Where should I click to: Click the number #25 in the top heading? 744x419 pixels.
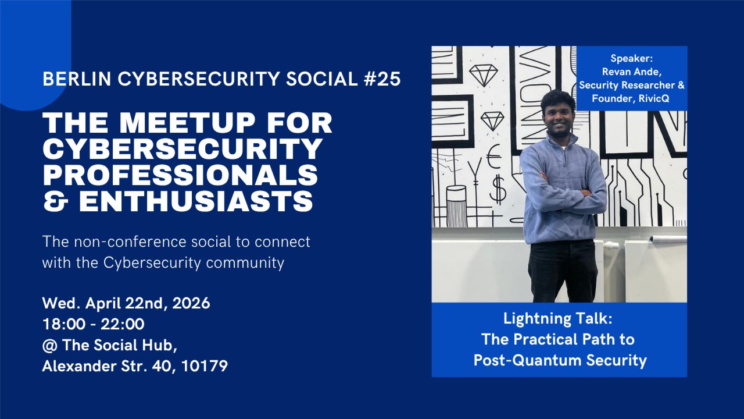382,79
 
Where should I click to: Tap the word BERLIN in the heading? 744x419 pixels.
77,79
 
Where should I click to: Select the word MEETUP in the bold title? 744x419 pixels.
187,123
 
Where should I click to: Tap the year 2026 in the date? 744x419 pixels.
191,303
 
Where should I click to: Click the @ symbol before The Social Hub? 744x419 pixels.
49,346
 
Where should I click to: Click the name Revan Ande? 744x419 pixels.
632,72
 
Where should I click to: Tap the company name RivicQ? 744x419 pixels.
653,98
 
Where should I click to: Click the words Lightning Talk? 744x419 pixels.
558,318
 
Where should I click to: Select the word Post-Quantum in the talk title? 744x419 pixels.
527,360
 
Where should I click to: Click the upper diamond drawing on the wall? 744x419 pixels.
483,74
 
